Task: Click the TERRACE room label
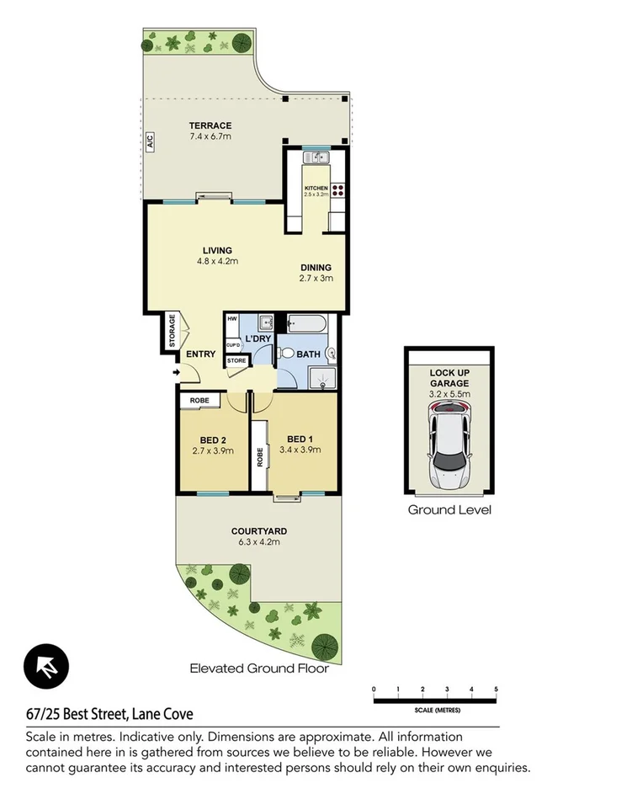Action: (x=210, y=125)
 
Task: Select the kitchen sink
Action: (x=319, y=157)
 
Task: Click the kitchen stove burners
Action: (x=339, y=190)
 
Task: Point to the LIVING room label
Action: (x=217, y=250)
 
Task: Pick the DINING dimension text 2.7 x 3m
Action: (x=317, y=279)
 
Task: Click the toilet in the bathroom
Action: (x=286, y=354)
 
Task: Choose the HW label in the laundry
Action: (x=231, y=320)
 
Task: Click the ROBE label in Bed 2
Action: (x=199, y=400)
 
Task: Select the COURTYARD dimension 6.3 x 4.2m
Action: (x=259, y=542)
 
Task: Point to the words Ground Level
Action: (x=449, y=509)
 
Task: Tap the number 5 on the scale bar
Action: (x=496, y=689)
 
